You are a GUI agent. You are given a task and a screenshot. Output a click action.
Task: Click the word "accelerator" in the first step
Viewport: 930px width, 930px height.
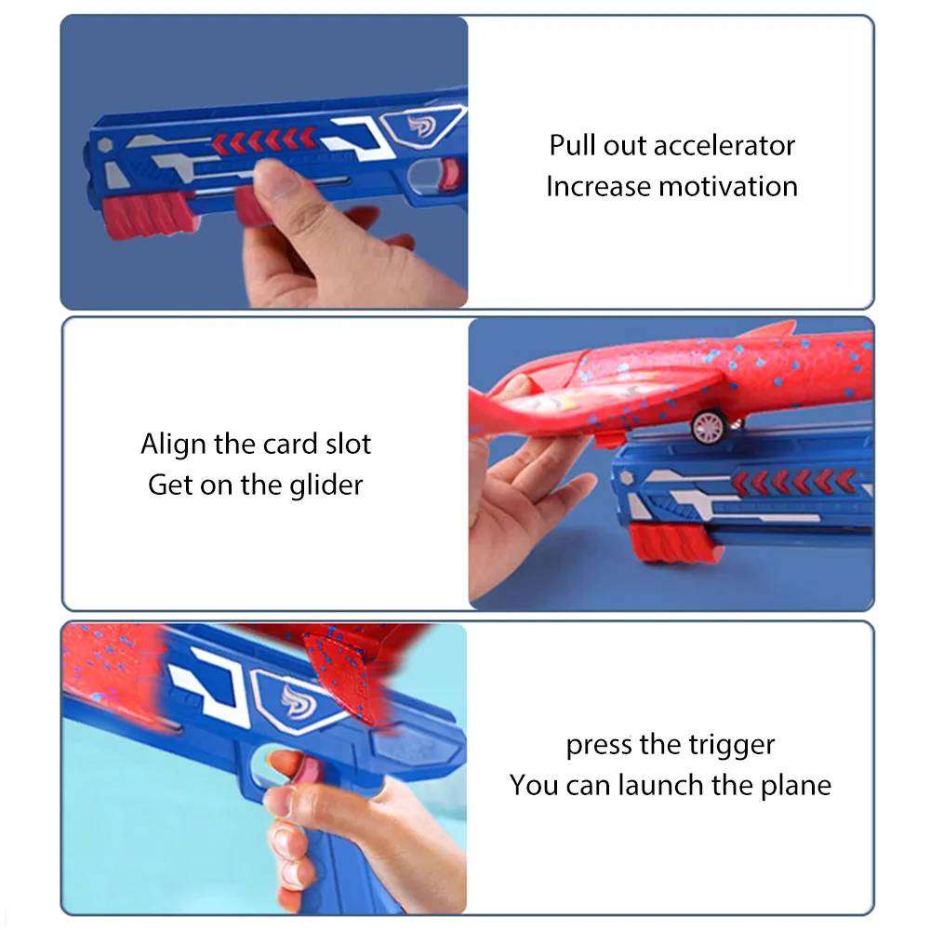(724, 146)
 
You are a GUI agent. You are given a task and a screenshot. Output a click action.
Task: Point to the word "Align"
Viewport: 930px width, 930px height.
(174, 444)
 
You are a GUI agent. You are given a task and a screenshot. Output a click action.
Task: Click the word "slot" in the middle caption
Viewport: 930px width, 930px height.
(348, 444)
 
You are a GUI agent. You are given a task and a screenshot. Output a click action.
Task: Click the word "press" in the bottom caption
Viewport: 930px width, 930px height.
(600, 745)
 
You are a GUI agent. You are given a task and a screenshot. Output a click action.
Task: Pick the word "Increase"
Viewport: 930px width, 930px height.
(597, 187)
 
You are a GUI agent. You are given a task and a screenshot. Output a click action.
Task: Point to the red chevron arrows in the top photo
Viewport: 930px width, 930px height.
(265, 140)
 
